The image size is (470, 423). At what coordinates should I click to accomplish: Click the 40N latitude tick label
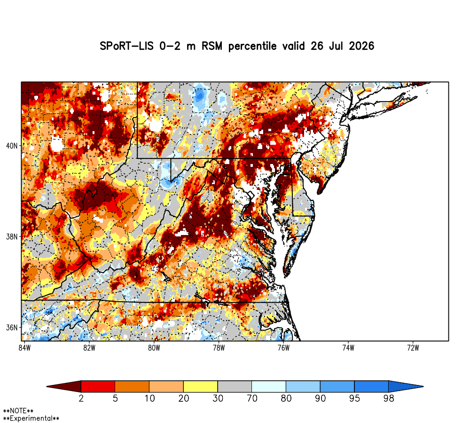click(x=12, y=146)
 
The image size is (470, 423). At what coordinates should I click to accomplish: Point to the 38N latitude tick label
click(x=12, y=237)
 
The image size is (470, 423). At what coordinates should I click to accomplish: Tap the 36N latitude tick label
click(x=12, y=328)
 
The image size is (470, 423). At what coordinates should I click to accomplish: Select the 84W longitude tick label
click(x=24, y=348)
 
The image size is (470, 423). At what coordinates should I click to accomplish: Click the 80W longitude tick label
click(x=154, y=348)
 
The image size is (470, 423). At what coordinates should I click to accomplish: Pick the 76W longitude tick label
click(x=283, y=348)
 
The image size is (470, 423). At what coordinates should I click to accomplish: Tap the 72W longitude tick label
click(x=413, y=348)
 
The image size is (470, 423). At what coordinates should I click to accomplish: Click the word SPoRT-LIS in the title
click(x=126, y=46)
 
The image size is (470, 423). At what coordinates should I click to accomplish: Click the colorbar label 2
click(x=81, y=398)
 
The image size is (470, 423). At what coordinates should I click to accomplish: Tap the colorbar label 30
click(x=218, y=398)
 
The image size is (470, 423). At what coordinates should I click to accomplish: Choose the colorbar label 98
click(x=389, y=398)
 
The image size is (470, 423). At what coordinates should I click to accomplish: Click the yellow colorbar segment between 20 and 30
click(x=201, y=386)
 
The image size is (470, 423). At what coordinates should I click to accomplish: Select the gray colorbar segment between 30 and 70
click(x=235, y=386)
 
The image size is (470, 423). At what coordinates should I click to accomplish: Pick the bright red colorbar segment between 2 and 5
click(x=98, y=386)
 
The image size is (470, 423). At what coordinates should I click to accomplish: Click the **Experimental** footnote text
click(x=31, y=418)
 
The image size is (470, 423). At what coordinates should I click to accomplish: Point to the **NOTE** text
click(x=18, y=411)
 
